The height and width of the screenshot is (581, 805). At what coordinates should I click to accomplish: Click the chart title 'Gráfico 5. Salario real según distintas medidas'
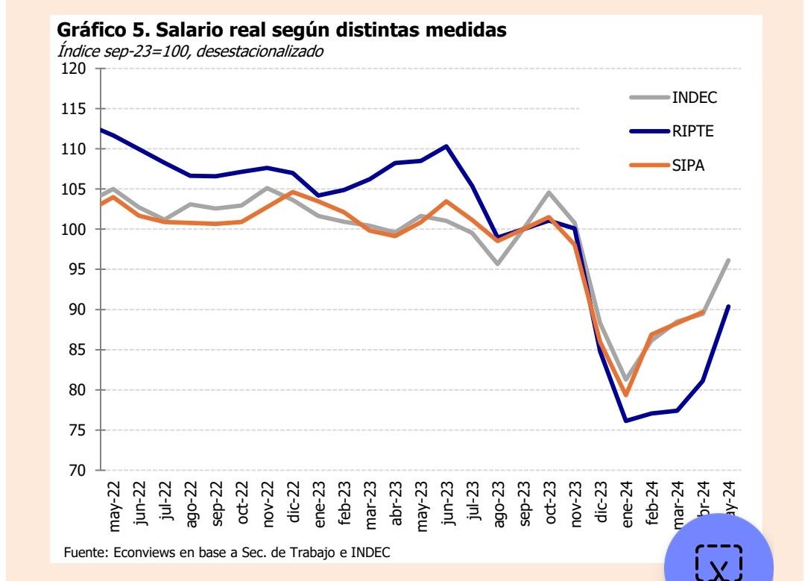(x=282, y=31)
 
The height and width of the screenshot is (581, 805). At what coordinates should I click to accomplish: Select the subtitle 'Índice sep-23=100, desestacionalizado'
(x=190, y=51)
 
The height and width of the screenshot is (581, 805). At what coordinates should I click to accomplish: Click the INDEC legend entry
(x=694, y=97)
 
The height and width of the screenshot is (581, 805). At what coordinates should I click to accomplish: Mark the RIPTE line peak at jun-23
(x=446, y=146)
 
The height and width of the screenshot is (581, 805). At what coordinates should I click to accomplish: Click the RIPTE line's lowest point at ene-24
(x=626, y=421)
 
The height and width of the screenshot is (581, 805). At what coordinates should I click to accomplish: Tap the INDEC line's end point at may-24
(x=728, y=260)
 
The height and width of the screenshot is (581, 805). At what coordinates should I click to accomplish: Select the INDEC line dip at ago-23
(x=497, y=264)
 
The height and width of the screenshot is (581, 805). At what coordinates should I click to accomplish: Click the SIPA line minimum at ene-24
(x=626, y=395)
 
